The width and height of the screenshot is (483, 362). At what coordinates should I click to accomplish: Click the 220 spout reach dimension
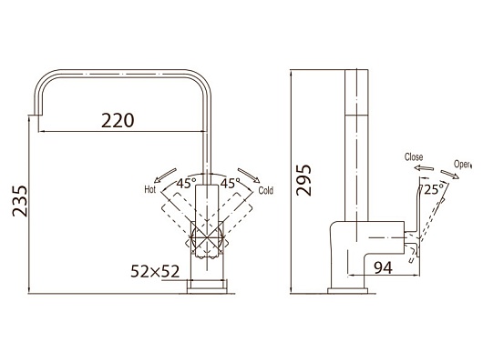(x=118, y=120)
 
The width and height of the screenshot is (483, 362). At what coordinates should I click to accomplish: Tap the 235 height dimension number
(x=20, y=201)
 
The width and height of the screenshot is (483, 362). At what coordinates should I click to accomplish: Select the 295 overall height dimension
(x=303, y=180)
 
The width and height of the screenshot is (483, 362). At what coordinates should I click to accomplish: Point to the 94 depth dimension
(x=383, y=267)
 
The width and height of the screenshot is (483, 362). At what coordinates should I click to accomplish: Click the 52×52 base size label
(x=155, y=271)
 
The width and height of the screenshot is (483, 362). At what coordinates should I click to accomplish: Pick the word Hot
(x=150, y=189)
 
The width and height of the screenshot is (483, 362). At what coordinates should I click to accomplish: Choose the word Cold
(x=265, y=191)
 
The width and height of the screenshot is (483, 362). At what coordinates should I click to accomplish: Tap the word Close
(x=414, y=156)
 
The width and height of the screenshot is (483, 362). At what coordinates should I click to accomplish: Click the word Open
(x=462, y=165)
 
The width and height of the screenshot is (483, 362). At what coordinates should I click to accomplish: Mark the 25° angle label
(x=434, y=189)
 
